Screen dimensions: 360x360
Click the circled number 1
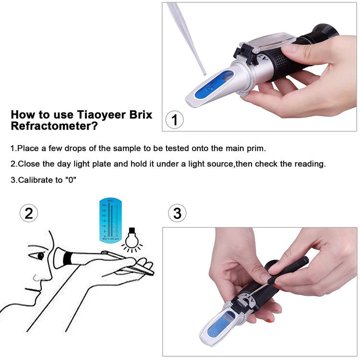point(174,120)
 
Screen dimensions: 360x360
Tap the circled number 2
point(29,213)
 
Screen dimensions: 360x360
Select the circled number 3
point(177,213)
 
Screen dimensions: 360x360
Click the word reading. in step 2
point(309,164)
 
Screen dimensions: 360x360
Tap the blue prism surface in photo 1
point(209,87)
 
